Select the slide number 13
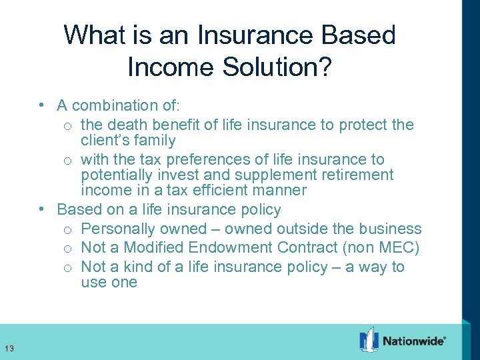click(9, 348)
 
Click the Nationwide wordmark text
click(414, 341)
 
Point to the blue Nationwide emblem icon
click(369, 339)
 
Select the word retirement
click(355, 175)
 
